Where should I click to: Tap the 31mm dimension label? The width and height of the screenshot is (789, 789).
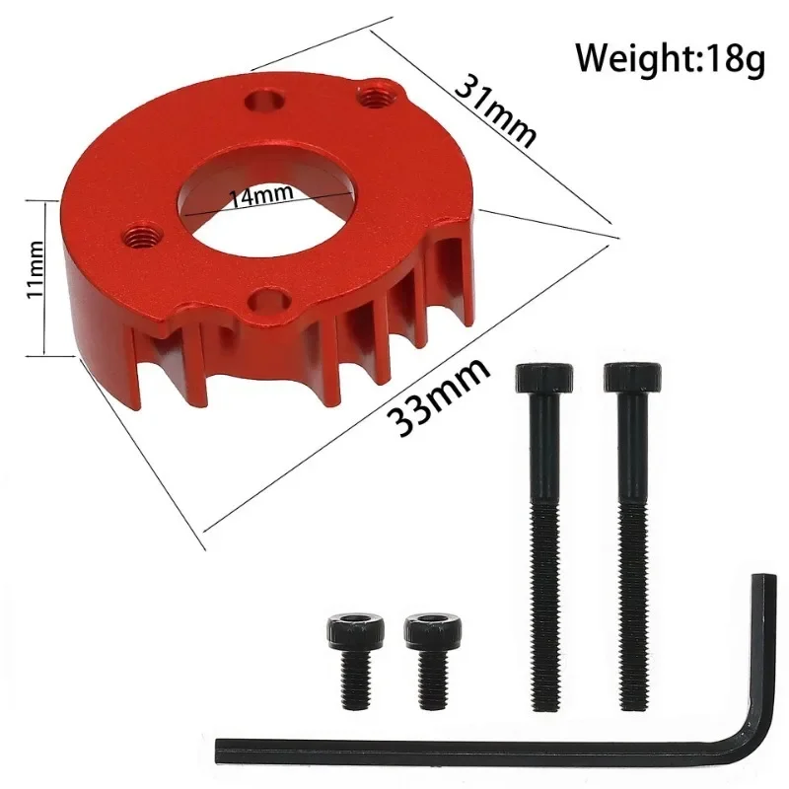click(496, 108)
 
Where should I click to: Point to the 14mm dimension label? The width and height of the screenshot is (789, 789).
click(260, 195)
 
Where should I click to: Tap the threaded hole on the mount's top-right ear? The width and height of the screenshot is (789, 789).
click(374, 96)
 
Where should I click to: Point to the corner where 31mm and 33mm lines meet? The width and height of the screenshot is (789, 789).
click(613, 237)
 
